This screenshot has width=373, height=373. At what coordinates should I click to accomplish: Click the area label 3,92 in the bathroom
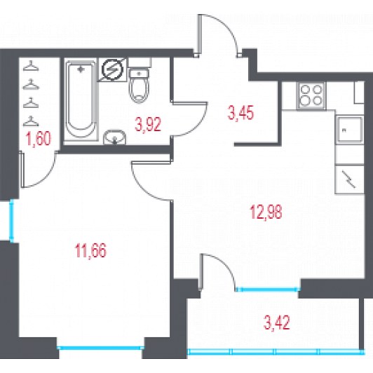[x=148, y=124]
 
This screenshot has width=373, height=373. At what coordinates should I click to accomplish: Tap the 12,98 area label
[x=266, y=212]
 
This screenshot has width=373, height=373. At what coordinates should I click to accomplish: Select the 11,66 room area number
[x=90, y=251]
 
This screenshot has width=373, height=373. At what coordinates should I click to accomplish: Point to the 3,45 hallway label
[x=240, y=113]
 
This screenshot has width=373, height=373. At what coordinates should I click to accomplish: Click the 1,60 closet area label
[x=39, y=139]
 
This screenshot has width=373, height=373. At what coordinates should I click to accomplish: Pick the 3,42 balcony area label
[x=277, y=323]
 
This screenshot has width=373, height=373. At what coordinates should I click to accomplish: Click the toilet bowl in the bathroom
[x=139, y=86]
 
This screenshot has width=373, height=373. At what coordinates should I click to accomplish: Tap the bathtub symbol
[x=81, y=100]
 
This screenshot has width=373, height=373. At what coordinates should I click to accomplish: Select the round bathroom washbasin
[x=115, y=137]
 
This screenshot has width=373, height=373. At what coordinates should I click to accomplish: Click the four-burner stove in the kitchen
[x=311, y=95]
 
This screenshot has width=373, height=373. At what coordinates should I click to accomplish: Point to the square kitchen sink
[x=349, y=130]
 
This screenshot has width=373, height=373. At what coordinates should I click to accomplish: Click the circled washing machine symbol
[x=112, y=69]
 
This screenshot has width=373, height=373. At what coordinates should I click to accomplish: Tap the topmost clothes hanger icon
[x=31, y=66]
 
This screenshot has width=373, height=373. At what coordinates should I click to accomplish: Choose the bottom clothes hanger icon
[x=31, y=121]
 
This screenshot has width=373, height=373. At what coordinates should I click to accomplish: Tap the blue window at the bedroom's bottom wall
[x=101, y=348]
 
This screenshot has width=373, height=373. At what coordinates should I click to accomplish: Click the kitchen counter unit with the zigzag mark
[x=349, y=179]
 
